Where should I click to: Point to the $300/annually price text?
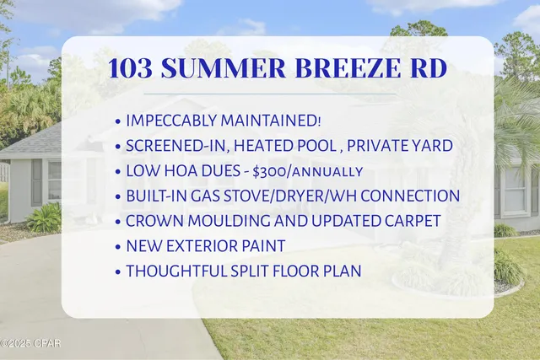(308, 171)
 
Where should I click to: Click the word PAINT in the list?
(263, 246)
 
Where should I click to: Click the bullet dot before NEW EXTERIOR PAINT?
(116, 246)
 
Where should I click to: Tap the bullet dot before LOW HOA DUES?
(116, 171)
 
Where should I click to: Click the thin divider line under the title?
(278, 93)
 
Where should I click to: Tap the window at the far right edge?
(514, 189)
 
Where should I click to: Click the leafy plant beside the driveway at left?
(44, 218)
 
